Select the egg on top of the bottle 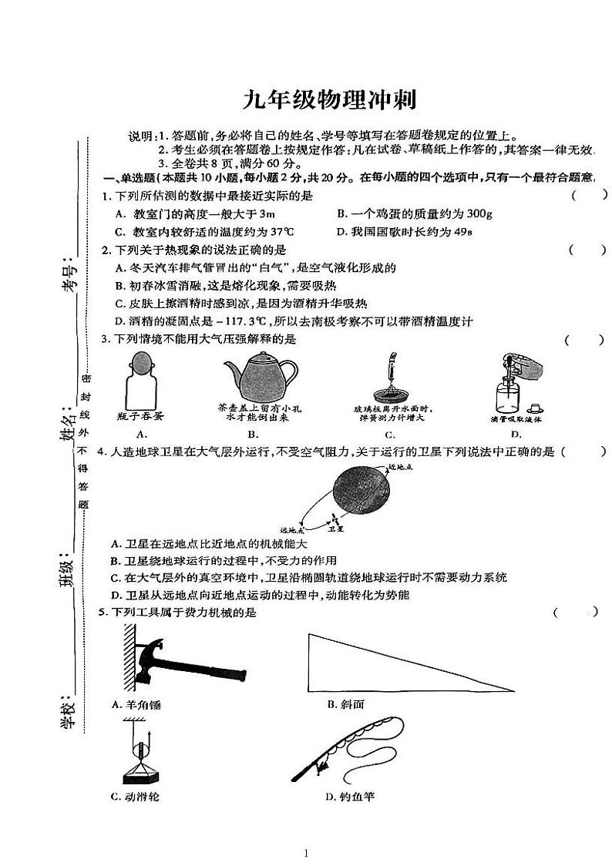(x=141, y=361)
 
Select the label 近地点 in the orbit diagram (x=402, y=467)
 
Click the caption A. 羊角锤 (x=136, y=704)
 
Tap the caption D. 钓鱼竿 (x=350, y=796)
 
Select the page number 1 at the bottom (x=306, y=852)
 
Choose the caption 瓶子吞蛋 (x=141, y=416)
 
